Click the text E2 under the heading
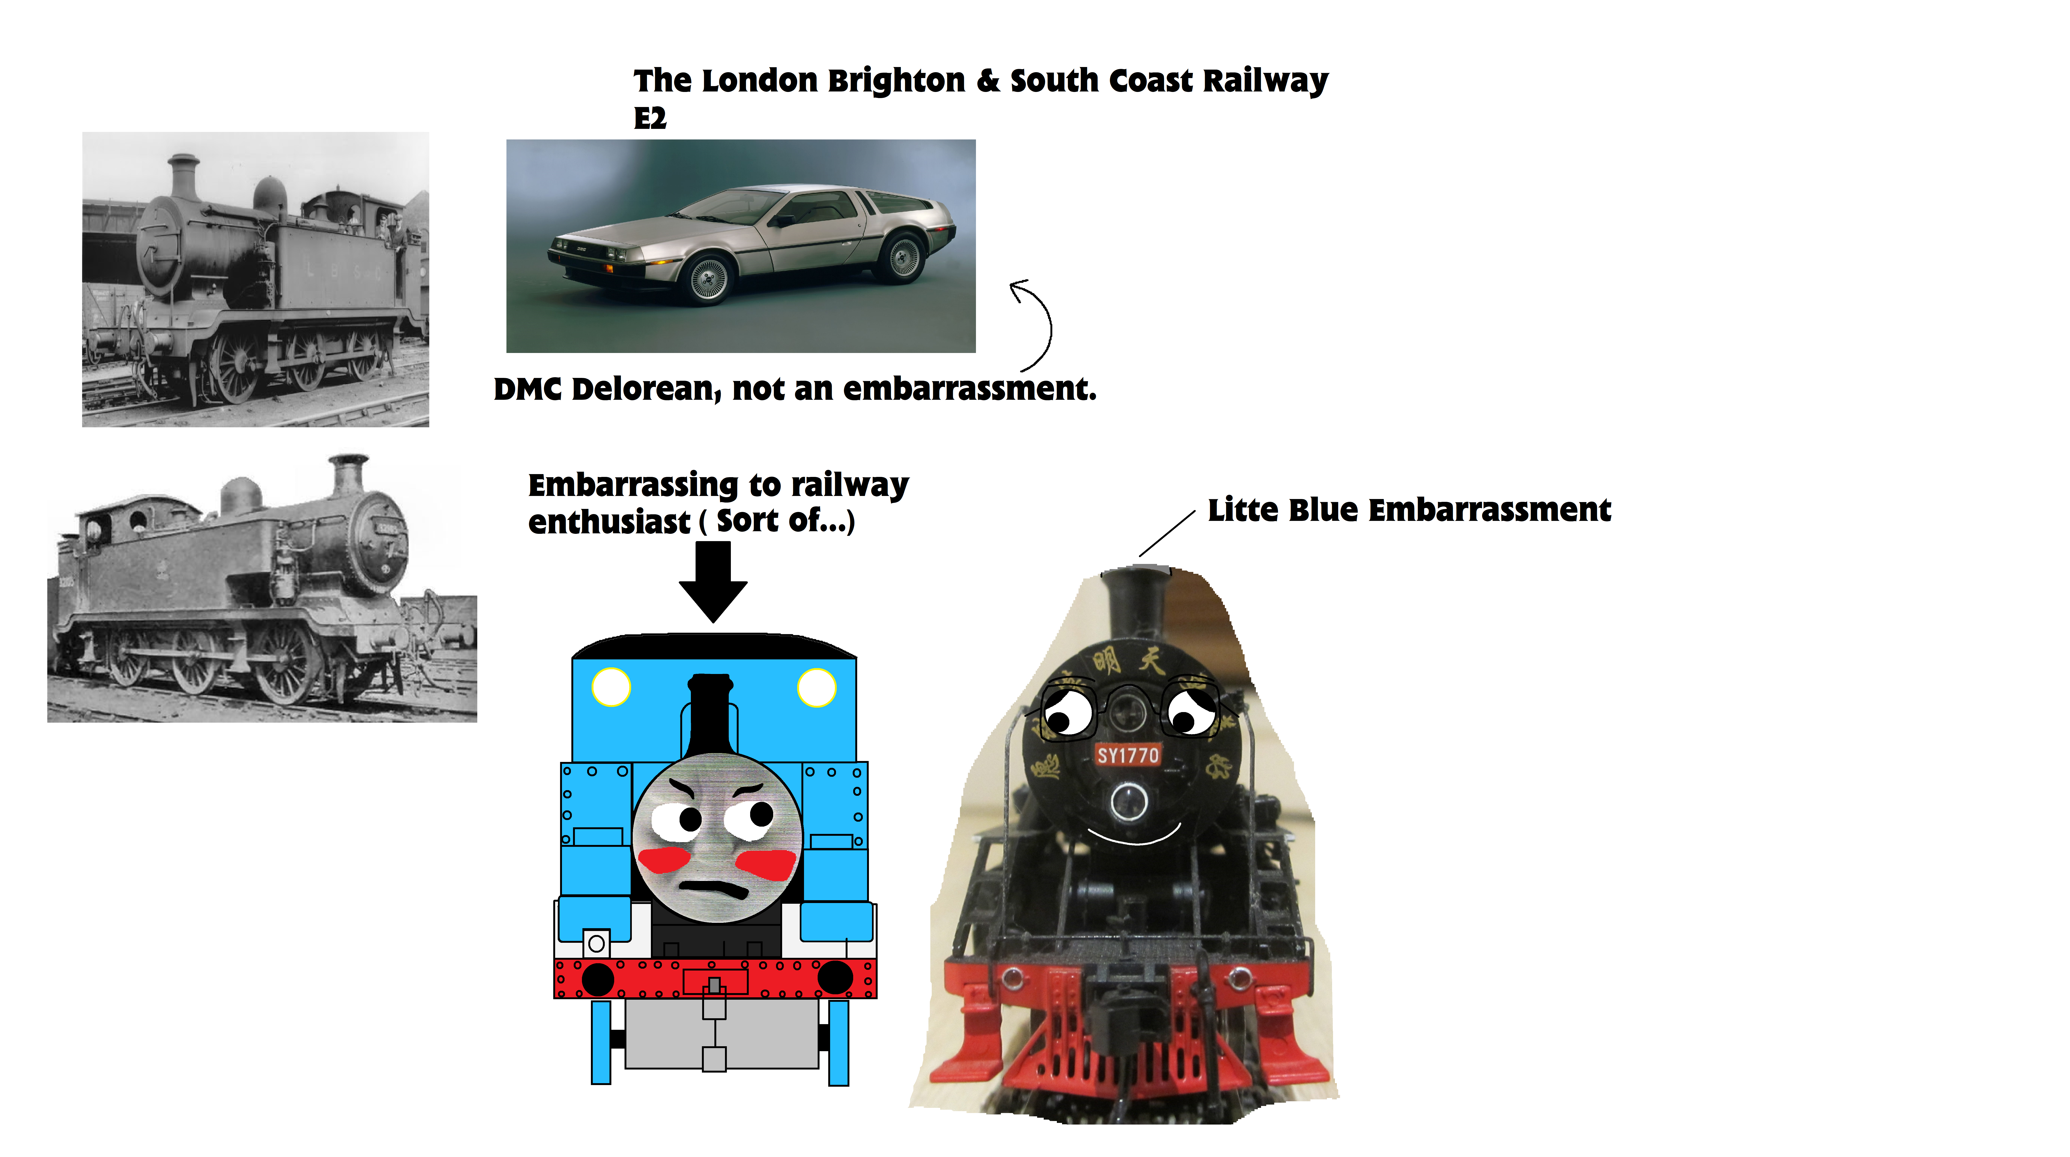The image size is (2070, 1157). click(x=650, y=118)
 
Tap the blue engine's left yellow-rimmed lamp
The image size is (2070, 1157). click(x=611, y=687)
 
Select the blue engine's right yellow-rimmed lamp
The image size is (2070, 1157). click(x=816, y=687)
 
